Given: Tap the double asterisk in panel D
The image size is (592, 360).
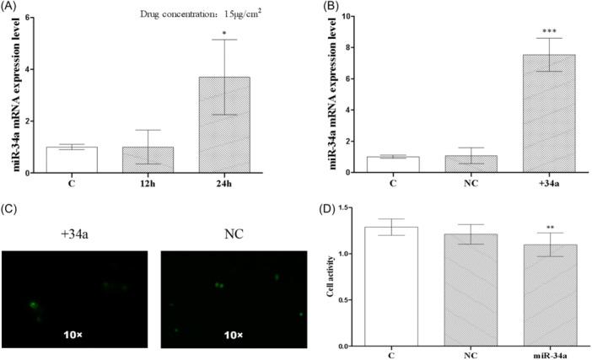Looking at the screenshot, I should (x=529, y=228).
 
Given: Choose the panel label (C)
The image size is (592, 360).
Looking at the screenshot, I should (x=12, y=207).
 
